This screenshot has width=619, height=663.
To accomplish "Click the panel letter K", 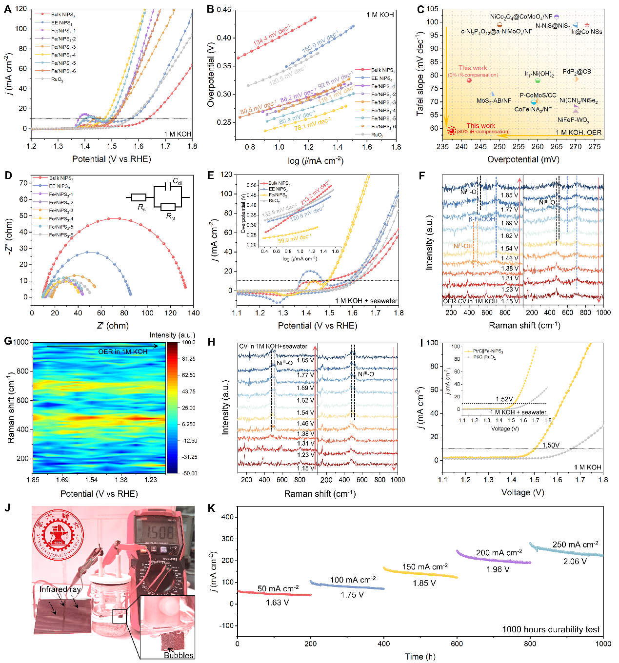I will click(x=211, y=508).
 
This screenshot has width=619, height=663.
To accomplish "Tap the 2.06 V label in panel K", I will click(x=575, y=561).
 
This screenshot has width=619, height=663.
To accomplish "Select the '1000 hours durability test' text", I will click(x=551, y=629).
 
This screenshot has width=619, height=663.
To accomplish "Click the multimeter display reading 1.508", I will click(x=160, y=532).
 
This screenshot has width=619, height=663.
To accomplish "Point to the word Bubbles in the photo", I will click(x=179, y=655).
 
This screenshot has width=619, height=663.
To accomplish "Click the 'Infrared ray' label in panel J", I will click(x=60, y=589).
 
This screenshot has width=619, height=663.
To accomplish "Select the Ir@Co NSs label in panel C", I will click(x=587, y=32).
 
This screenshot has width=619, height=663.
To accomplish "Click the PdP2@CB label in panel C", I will click(x=577, y=72).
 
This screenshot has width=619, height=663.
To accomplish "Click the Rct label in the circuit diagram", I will click(x=170, y=216).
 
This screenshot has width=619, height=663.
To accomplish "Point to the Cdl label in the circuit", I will click(x=177, y=182).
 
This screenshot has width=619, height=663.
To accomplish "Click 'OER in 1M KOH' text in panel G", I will click(x=122, y=351).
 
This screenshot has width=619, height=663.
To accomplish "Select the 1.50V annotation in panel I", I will click(x=551, y=445).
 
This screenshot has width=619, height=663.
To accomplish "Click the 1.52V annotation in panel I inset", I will click(x=504, y=399).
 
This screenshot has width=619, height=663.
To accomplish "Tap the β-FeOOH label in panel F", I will click(x=481, y=219).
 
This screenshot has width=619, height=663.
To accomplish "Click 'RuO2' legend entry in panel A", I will click(x=57, y=79).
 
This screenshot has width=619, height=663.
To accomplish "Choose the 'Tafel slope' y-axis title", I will click(x=420, y=74).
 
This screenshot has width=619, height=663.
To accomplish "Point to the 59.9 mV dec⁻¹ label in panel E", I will click(x=294, y=239).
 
